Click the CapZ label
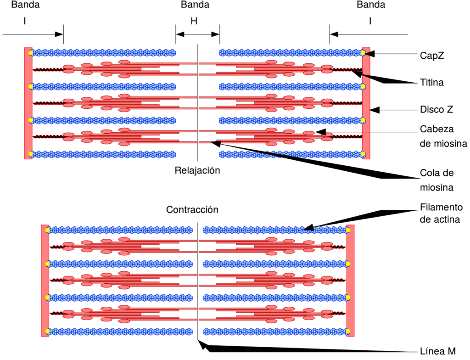[431, 56]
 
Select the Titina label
[431, 82]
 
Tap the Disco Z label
[436, 109]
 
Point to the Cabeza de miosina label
[443, 136]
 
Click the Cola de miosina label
[437, 180]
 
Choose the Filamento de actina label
[441, 214]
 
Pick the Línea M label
[437, 351]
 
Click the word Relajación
[197, 170]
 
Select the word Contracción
[192, 209]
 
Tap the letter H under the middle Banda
[194, 21]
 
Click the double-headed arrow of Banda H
[197, 34]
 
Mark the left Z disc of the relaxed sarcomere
[28, 103]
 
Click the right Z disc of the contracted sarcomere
[350, 281]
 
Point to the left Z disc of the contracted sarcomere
[45, 281]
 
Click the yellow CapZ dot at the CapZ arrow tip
[363, 53]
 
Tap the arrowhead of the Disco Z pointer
[375, 110]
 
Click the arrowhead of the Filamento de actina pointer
[309, 227]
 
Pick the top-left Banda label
[26, 5]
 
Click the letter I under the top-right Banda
[370, 21]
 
